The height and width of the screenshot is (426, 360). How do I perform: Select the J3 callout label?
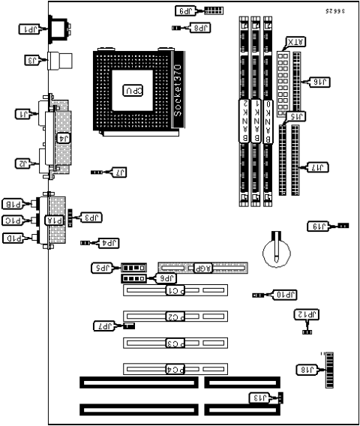pyautogui.click(x=33, y=60)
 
